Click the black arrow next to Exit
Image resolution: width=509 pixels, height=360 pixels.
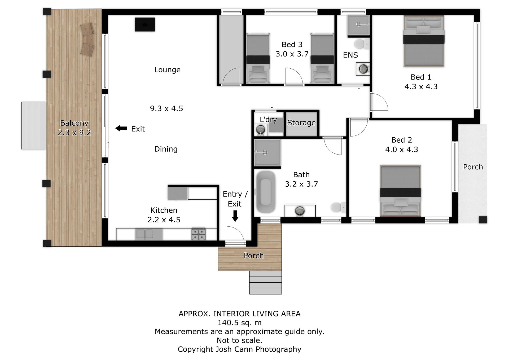point(121,128)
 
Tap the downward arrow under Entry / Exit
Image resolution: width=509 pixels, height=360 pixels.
point(235,216)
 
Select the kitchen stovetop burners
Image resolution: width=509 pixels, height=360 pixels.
point(199,234)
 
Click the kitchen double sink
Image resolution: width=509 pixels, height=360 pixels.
point(145,234)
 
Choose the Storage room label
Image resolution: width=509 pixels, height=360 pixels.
point(301,123)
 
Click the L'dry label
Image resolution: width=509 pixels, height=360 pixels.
point(268,120)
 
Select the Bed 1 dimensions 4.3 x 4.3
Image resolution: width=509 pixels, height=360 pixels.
point(421,87)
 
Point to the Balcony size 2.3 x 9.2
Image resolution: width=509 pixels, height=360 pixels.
point(74,133)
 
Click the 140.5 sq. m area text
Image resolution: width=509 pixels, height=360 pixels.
point(239,323)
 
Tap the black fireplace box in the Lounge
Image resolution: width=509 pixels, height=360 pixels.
point(145,24)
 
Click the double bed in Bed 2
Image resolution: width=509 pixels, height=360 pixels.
point(400,191)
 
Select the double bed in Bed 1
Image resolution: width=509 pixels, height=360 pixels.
point(424,41)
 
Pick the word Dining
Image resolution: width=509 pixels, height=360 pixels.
point(166,149)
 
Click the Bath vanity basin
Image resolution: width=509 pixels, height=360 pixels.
point(300,211)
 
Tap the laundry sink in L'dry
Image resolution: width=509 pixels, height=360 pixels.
point(261,130)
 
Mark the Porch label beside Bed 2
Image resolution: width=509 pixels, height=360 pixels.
point(473,167)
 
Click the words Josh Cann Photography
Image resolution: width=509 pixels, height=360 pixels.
point(258,350)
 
